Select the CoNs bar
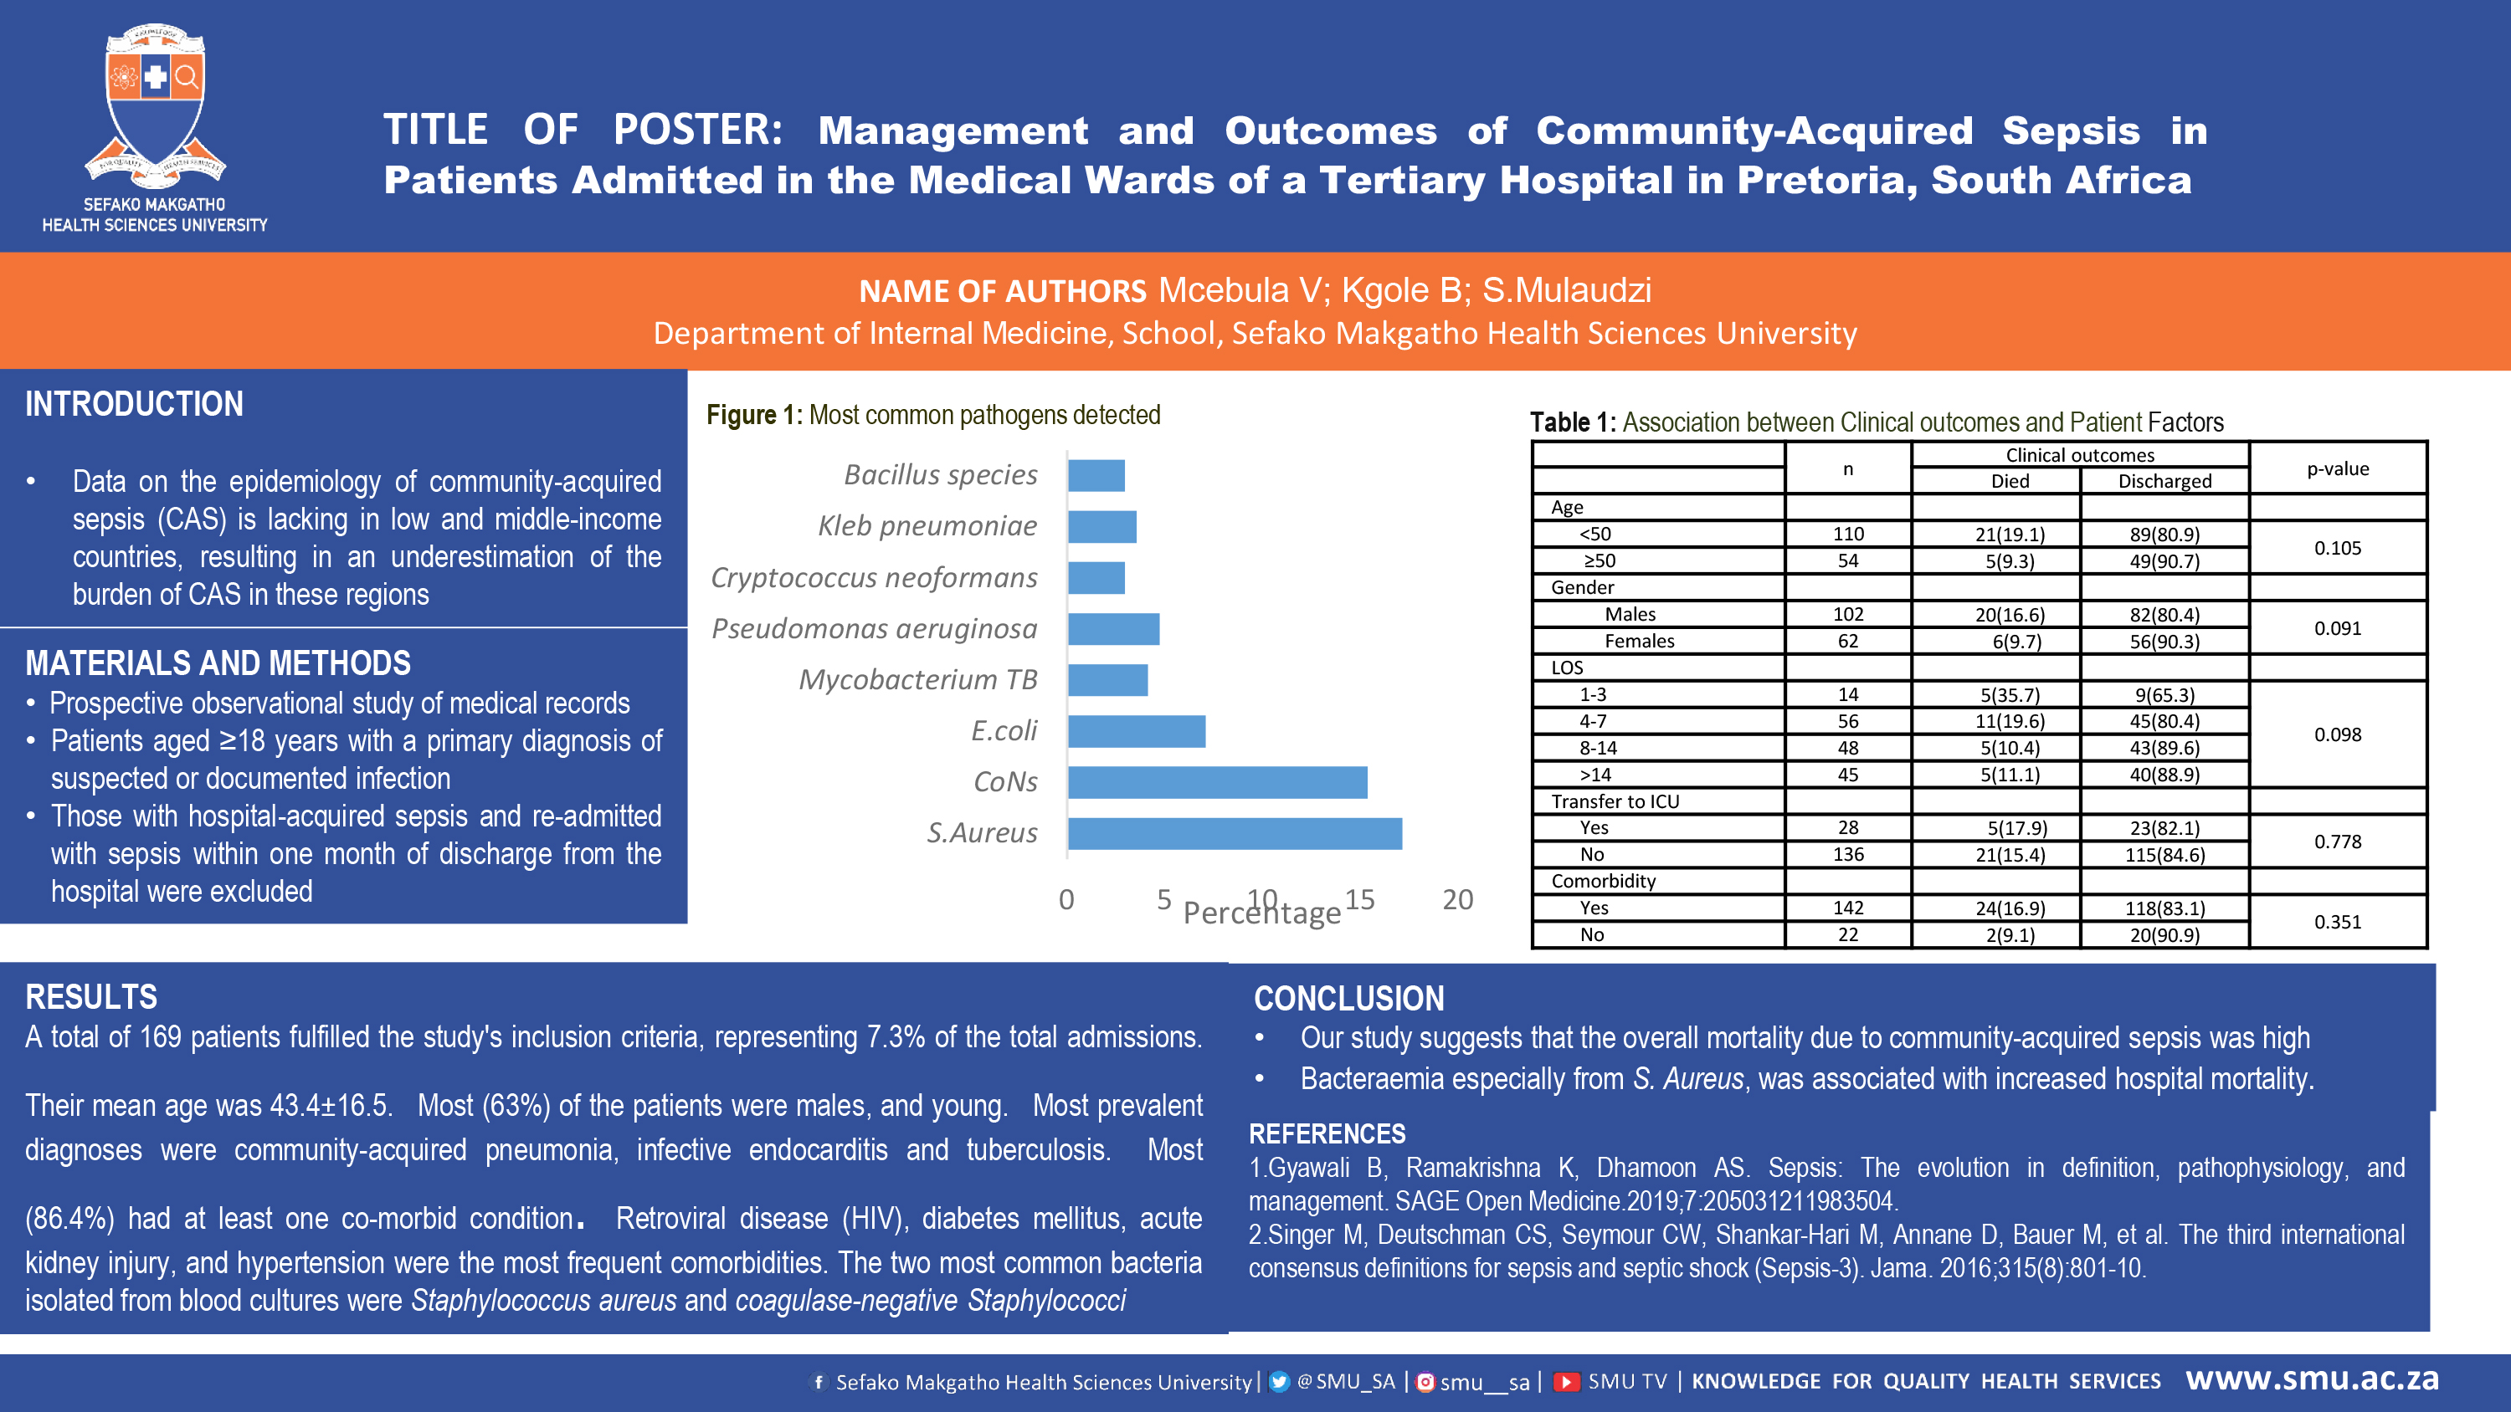coord(1218,782)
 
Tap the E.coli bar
coord(1137,731)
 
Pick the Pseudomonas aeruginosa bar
coord(1114,628)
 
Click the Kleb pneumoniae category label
coord(927,526)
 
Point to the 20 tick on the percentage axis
coord(1458,899)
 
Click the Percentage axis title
coord(1262,913)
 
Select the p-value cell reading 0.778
coord(2338,841)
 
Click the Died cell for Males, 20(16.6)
coord(2010,615)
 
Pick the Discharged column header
coord(2165,481)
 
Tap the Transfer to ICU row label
coord(1615,801)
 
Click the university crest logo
coord(155,105)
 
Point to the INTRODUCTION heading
coord(135,403)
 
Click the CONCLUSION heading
coord(1349,999)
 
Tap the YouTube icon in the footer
coord(1565,1382)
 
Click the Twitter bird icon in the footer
coord(1280,1382)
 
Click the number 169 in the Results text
coord(161,1036)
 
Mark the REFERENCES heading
coord(1327,1134)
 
